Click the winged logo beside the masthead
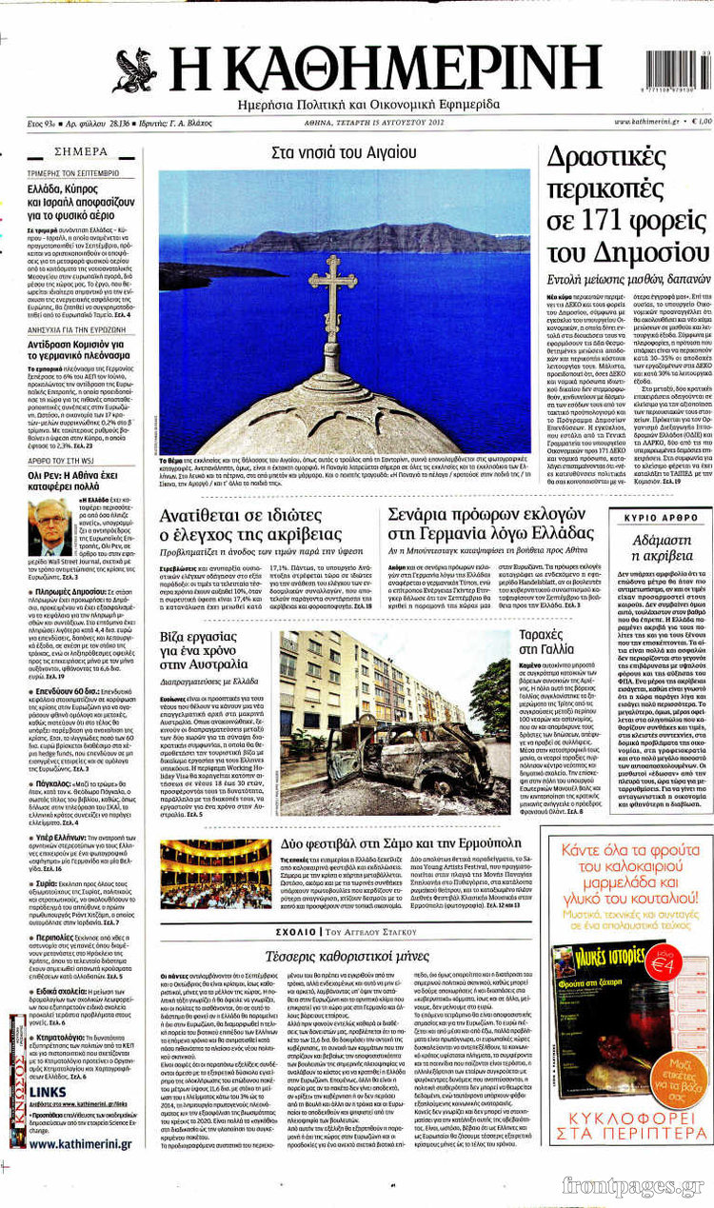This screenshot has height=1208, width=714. [135, 70]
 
